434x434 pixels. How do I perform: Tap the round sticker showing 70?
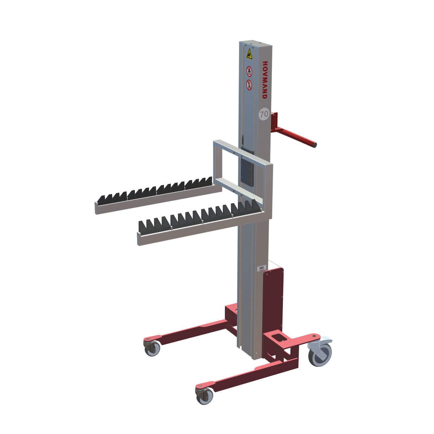pyautogui.click(x=264, y=114)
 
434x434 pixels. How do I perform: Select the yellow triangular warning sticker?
pyautogui.click(x=249, y=55)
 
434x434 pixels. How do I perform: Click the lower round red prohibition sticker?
pyautogui.click(x=249, y=85)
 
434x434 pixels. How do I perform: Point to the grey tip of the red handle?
pyautogui.click(x=314, y=145)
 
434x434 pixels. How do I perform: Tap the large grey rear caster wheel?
pyautogui.click(x=320, y=354)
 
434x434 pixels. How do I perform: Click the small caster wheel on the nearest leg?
pyautogui.click(x=203, y=397)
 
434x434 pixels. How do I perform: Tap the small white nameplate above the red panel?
pyautogui.click(x=261, y=268)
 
